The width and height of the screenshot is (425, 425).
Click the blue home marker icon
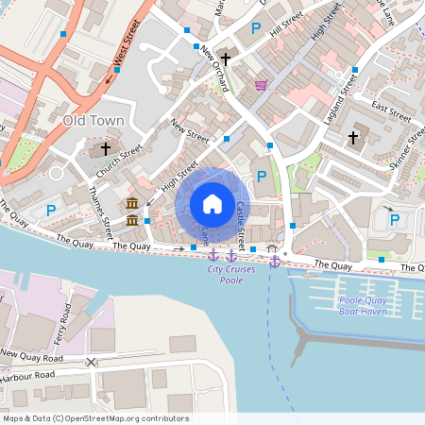[212, 203]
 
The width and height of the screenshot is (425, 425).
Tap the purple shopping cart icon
[261, 85]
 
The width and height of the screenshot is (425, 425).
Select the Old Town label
[93, 121]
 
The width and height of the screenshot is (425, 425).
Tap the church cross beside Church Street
[105, 148]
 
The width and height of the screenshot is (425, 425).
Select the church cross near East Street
[354, 138]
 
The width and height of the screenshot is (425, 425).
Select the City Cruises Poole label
[231, 275]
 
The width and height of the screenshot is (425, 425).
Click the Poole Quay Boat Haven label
[364, 305]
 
